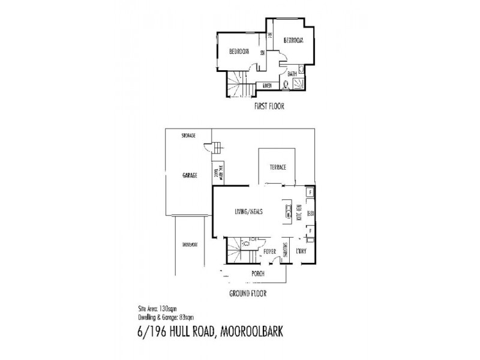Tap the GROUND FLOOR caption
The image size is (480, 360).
[248, 294]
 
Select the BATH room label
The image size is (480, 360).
[292, 74]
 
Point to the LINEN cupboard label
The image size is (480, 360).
[268, 86]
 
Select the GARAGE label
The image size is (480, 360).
[190, 176]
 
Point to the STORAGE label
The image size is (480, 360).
[190, 136]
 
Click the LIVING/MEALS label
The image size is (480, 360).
[249, 211]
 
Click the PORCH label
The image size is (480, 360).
[257, 274]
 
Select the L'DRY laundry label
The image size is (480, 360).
[301, 252]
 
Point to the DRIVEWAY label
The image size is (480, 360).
[190, 245]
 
